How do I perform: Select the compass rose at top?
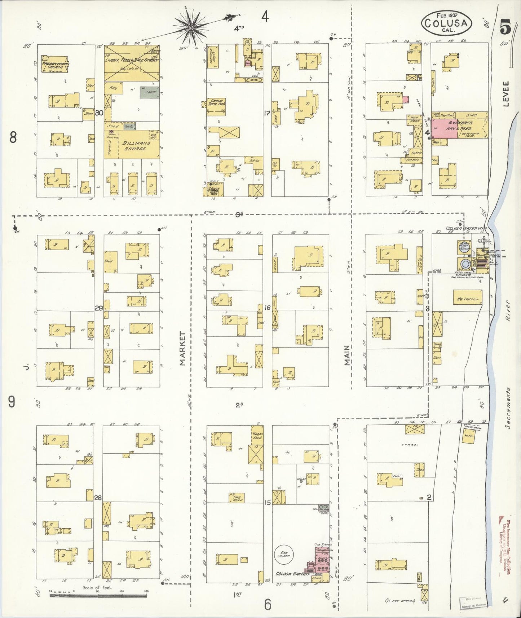point(191,27)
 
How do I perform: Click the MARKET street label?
point(182,348)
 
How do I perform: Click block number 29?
point(99,308)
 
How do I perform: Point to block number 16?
point(267,308)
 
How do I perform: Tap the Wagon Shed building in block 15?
point(257,436)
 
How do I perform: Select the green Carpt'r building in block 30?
point(147,92)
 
